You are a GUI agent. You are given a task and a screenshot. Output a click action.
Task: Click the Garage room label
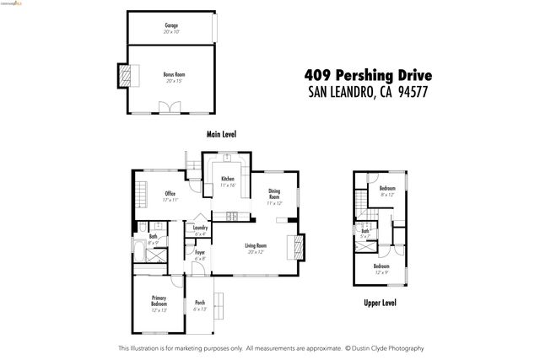coord(171,25)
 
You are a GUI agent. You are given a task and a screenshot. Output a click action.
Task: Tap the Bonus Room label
coord(174,74)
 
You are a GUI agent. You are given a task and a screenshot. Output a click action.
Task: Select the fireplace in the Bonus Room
coord(125,77)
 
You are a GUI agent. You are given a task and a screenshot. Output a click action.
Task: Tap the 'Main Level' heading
coord(221,134)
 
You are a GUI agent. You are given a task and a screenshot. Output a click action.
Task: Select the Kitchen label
coord(228,179)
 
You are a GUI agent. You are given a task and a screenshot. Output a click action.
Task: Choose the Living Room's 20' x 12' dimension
coord(256,252)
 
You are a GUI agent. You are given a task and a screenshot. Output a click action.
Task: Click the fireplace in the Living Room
coord(294,246)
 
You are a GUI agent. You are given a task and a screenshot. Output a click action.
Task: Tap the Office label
coord(170,194)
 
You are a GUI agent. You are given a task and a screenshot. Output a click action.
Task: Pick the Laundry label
coord(201,228)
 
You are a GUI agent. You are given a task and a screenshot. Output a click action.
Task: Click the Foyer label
coord(200,252)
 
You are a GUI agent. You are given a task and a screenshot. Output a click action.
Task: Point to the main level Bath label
coord(153,236)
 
